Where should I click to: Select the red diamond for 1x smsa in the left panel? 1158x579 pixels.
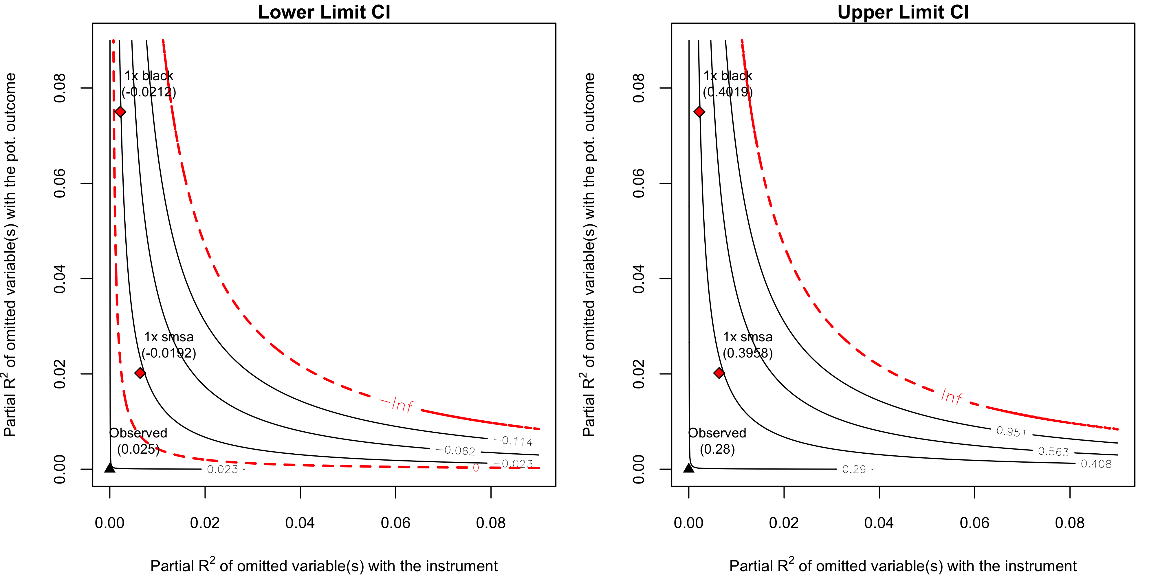pos(140,373)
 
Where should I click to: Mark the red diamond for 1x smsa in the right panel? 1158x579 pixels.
pos(719,373)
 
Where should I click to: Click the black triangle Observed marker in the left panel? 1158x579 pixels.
pos(110,468)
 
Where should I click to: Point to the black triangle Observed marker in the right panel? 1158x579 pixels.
pos(689,468)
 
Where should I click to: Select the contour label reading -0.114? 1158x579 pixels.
pos(513,441)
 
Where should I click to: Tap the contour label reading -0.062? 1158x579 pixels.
pos(455,450)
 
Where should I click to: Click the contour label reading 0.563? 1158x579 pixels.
pos(1053,451)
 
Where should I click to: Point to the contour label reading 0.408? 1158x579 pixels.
pos(1096,464)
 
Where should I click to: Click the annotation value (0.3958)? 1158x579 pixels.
pos(747,353)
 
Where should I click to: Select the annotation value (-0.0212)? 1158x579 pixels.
pos(149,92)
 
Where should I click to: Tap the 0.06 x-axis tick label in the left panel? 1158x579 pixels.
pos(395,523)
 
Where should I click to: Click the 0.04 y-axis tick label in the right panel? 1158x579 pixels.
pos(638,279)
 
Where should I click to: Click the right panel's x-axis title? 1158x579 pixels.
pos(903,565)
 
